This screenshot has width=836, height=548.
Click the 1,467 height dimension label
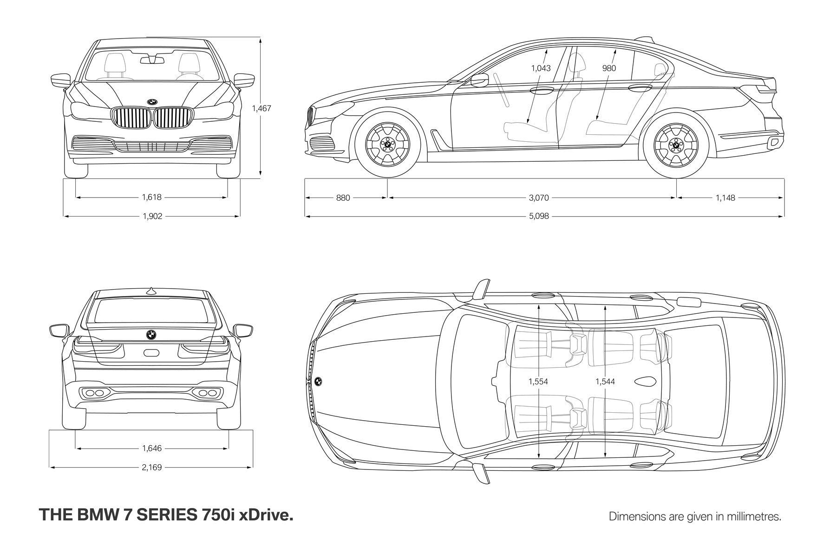click(261, 108)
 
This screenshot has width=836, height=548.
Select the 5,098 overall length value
click(539, 216)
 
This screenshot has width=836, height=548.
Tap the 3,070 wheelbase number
click(539, 198)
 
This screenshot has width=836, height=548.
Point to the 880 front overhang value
click(343, 198)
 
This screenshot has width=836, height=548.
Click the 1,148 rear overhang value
click(725, 198)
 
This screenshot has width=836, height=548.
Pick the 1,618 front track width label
click(151, 197)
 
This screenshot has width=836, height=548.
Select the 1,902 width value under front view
click(152, 216)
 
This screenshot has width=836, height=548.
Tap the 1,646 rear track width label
click(152, 449)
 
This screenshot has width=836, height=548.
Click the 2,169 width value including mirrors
click(152, 467)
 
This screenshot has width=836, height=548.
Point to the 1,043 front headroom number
click(541, 68)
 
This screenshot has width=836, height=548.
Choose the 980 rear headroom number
click(609, 68)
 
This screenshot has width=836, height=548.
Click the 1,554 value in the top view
click(538, 382)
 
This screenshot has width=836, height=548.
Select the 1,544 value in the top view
click(605, 382)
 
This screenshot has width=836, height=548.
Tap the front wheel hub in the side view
click(387, 145)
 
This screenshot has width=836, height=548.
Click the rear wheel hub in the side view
click(676, 145)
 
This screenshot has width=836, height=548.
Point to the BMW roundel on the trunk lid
click(151, 335)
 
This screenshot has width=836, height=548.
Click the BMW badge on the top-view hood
click(319, 381)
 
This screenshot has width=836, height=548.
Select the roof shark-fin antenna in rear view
click(150, 291)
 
